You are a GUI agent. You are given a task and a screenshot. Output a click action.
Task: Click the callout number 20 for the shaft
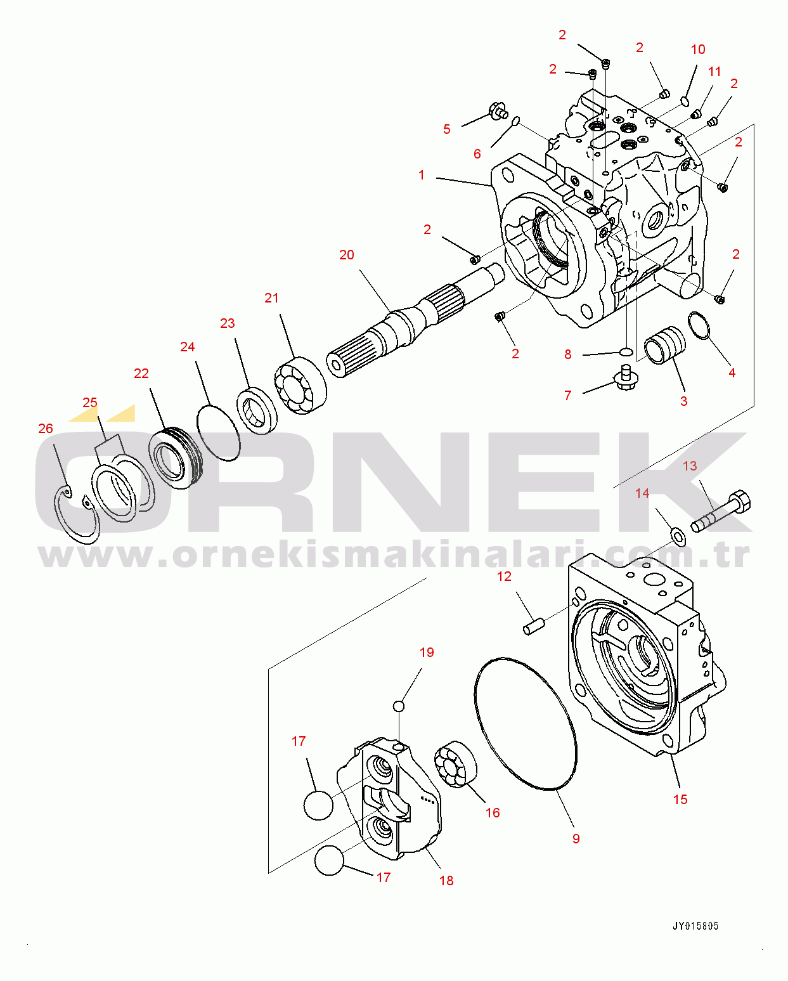click(346, 255)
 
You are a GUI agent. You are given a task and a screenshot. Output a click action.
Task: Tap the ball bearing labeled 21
click(300, 386)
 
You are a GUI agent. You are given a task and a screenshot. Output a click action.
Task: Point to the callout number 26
click(46, 429)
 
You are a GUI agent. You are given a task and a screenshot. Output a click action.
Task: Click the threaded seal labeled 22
click(176, 458)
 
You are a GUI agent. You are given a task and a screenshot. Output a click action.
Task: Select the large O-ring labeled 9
click(526, 724)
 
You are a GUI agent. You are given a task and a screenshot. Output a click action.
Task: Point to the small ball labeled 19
click(399, 706)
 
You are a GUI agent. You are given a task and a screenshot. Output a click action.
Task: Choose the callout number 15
click(680, 800)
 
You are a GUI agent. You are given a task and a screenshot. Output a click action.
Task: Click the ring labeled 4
click(700, 325)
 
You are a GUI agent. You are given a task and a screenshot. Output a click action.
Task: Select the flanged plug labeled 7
click(625, 379)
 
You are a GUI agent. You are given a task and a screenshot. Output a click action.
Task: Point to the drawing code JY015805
click(695, 926)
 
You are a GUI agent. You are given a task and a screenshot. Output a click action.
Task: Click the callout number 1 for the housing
click(422, 175)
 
